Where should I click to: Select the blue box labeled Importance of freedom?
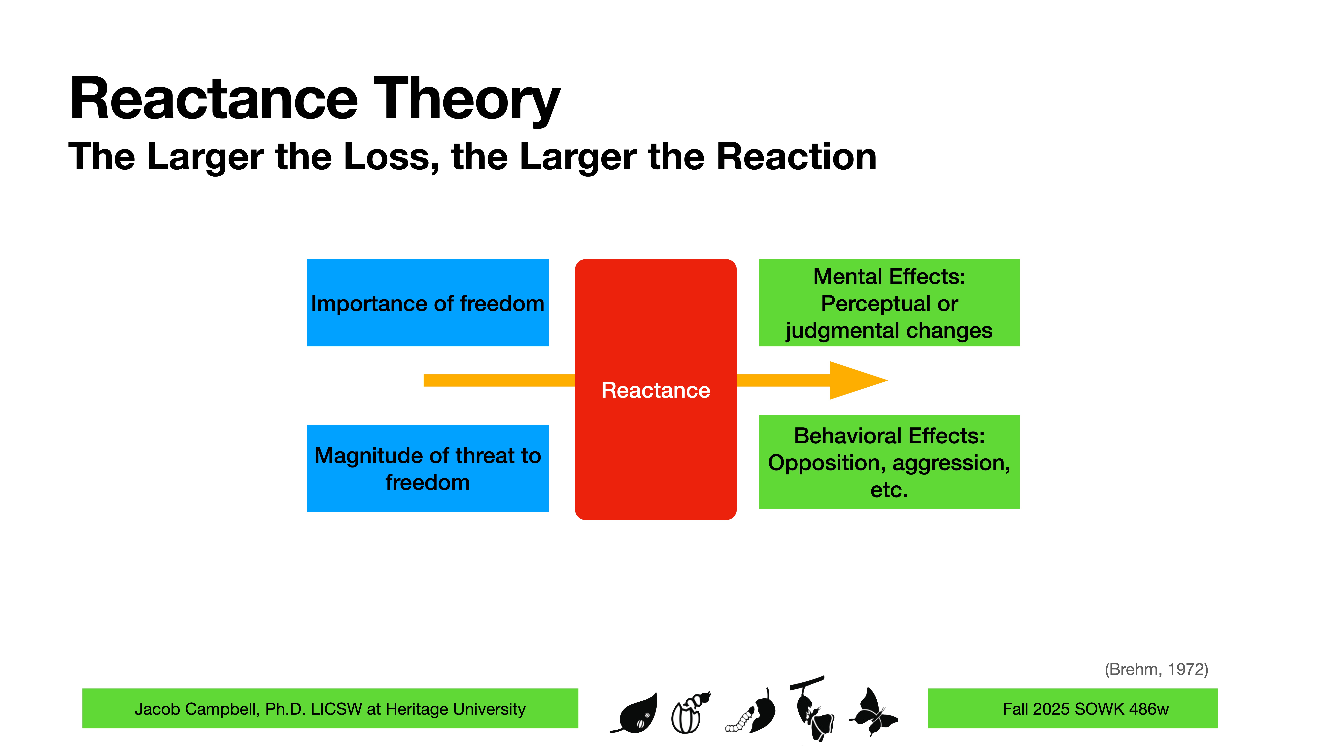click(x=428, y=303)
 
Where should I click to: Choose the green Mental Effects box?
click(x=889, y=303)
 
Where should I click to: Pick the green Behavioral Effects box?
click(x=889, y=462)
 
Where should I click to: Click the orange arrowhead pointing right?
click(x=855, y=380)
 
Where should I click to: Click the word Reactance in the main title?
click(x=214, y=99)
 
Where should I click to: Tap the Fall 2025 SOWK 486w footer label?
click(x=1085, y=709)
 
